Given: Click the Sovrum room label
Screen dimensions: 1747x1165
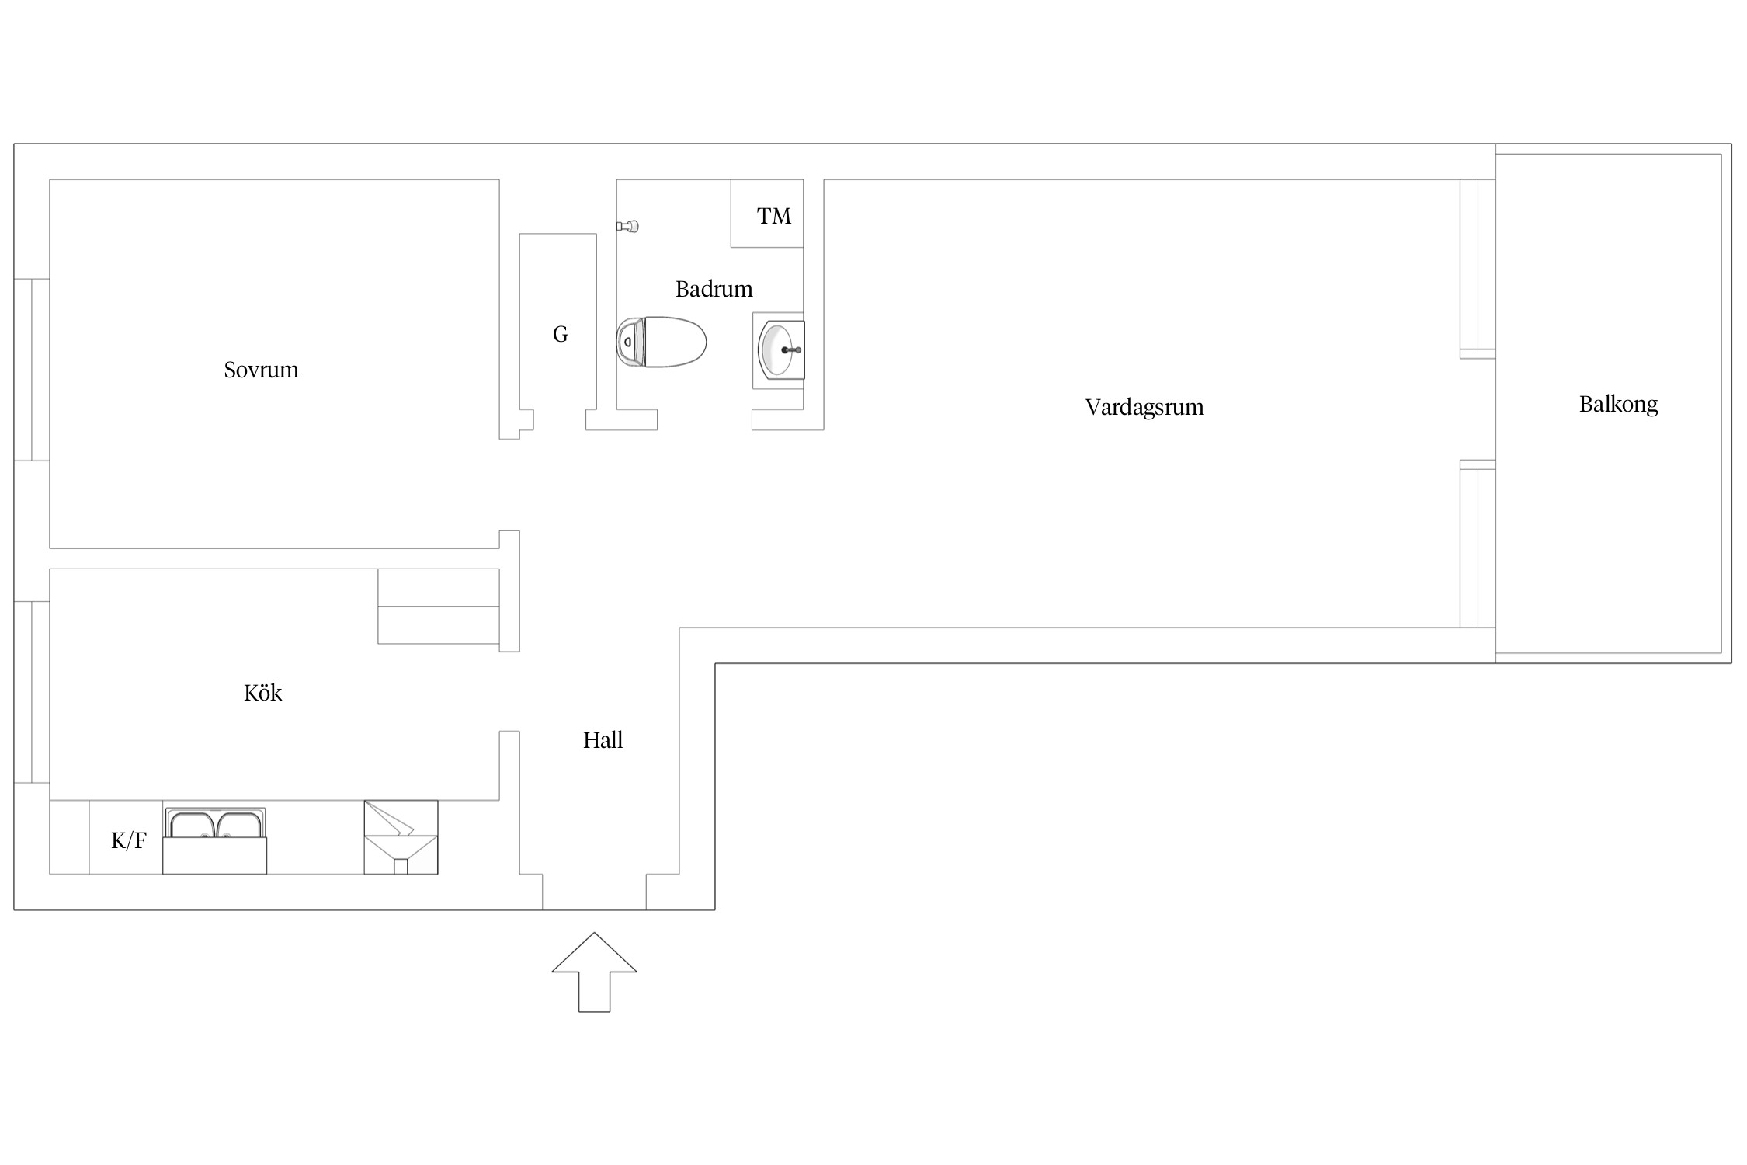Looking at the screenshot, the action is click(x=261, y=370).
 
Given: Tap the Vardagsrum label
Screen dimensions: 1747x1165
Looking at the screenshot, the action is click(x=1144, y=408).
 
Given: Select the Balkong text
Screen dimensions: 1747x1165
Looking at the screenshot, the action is click(x=1618, y=405).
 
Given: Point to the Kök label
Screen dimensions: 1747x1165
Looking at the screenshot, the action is click(x=262, y=692).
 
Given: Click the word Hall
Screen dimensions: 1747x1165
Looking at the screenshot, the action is click(x=603, y=740).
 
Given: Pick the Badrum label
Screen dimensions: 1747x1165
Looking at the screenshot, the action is click(x=714, y=289).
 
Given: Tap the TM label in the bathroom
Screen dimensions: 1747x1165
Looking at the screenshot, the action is click(x=774, y=216).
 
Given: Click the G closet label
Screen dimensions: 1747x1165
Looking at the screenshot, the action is click(x=560, y=334).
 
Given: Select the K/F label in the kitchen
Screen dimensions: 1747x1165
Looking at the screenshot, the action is click(x=129, y=840).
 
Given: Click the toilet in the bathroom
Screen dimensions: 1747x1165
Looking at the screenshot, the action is click(x=662, y=342).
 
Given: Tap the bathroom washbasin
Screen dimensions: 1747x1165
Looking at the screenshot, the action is click(x=779, y=350).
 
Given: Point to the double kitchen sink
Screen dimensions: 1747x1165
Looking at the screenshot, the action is click(x=215, y=840).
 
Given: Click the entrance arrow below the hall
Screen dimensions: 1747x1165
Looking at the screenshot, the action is click(x=594, y=972).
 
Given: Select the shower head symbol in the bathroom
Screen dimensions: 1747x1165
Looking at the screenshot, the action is click(x=627, y=227).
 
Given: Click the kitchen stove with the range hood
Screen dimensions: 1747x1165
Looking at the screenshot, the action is click(x=401, y=837).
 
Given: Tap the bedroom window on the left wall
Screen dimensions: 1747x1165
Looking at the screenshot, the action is click(x=32, y=370).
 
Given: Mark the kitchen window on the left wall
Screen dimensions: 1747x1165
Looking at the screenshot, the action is click(x=32, y=692).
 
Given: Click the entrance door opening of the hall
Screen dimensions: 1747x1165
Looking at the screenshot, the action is click(x=594, y=892).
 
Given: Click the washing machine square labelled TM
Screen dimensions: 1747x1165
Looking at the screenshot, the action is click(x=767, y=214).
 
